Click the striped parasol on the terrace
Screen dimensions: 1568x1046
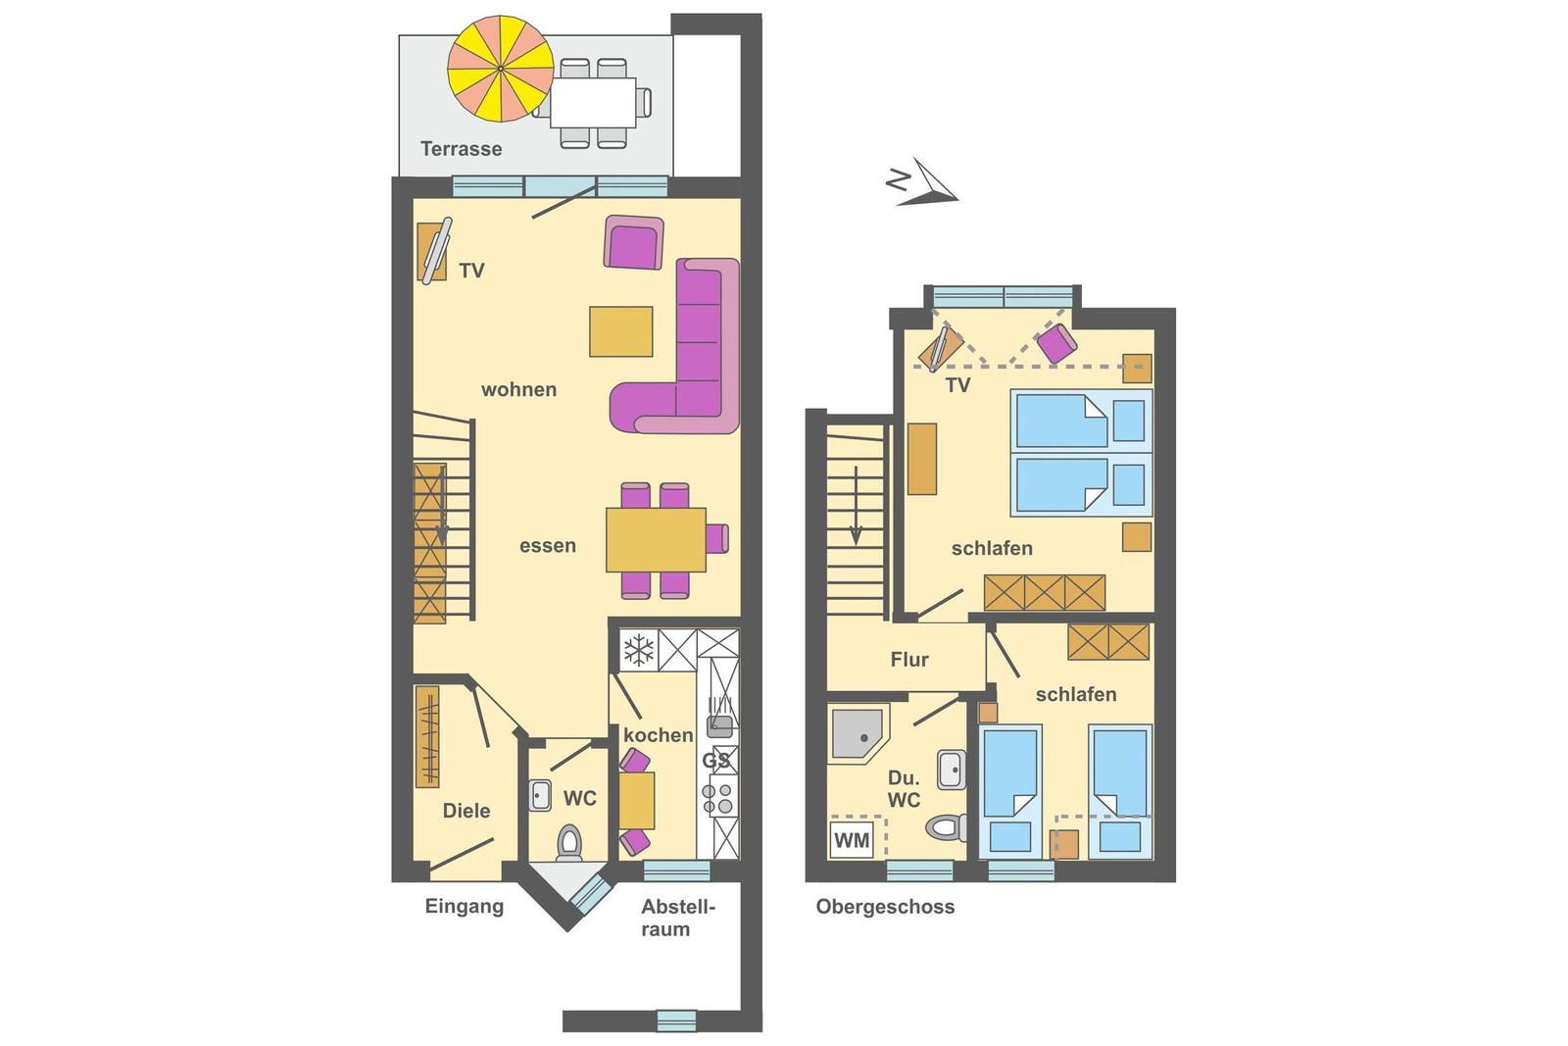[501, 68]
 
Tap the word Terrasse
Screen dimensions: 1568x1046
[462, 148]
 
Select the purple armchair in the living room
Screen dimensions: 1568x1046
[633, 241]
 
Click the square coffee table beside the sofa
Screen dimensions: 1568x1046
[621, 331]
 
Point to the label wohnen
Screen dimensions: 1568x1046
[518, 389]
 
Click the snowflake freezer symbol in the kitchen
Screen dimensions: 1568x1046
[638, 650]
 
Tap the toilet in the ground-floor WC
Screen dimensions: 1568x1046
[568, 841]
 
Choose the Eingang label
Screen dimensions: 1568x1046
[465, 907]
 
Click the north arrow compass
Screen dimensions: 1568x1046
[922, 182]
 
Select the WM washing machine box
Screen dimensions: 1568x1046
[852, 839]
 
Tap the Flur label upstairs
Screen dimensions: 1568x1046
[909, 659]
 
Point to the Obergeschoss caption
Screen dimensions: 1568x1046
[885, 907]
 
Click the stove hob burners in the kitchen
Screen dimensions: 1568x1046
[716, 799]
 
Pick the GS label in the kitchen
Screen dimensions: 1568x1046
[715, 761]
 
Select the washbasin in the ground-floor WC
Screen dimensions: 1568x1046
[540, 795]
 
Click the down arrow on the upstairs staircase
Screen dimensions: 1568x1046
[856, 505]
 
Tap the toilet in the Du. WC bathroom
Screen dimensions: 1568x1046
[947, 827]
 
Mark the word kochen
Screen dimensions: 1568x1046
[658, 734]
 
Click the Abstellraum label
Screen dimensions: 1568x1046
[677, 918]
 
